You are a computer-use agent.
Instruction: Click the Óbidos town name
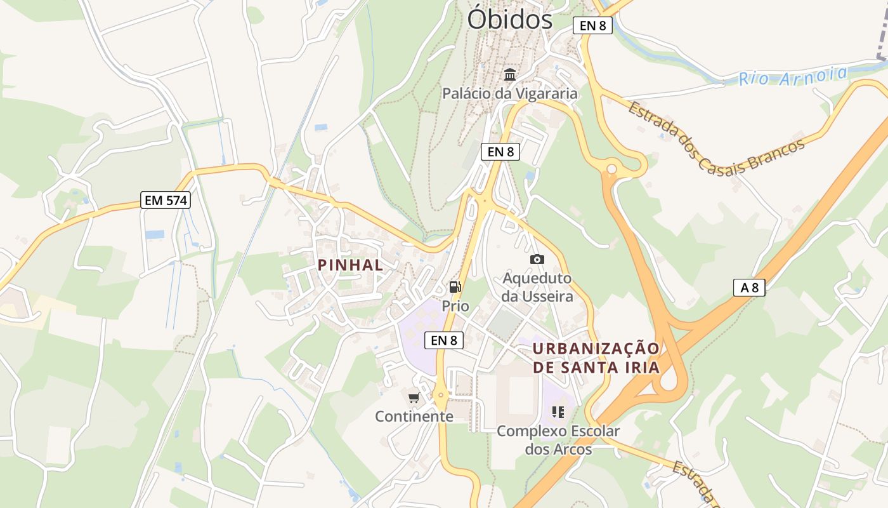pos(509,19)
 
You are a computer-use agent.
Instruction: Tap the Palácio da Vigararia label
pos(510,94)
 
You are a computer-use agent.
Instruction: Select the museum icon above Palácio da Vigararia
pos(510,75)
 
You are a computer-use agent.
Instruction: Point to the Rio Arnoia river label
pos(793,76)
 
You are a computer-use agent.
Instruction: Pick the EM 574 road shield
pos(166,201)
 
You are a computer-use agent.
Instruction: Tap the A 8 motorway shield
pos(749,288)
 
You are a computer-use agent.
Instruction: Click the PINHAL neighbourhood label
pos(351,265)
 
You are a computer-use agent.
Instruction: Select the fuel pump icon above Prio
pos(455,287)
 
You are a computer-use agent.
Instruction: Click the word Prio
pos(455,306)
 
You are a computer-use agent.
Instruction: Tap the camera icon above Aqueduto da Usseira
pos(537,259)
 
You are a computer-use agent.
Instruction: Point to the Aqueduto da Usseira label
pos(537,287)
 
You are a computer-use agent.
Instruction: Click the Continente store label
pos(414,417)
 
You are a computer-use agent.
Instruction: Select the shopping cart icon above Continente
pos(414,398)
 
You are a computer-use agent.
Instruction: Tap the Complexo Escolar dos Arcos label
pos(558,440)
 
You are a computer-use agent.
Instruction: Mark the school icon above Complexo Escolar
pos(558,412)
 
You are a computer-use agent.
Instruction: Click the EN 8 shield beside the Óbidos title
pos(592,25)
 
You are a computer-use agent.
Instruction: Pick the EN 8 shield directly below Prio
pos(444,340)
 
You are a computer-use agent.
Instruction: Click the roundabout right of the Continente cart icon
pos(440,396)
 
